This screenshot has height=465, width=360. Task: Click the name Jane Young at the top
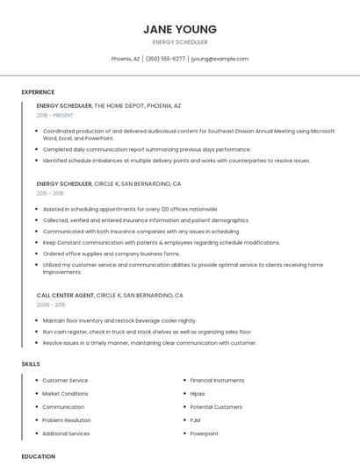[179, 29]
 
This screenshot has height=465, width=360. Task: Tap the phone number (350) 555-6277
[165, 59]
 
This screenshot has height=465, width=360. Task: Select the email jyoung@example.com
[220, 59]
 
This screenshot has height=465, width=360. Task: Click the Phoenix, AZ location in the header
[126, 59]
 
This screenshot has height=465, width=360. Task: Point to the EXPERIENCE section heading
[38, 92]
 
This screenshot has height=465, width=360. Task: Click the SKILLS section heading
[31, 363]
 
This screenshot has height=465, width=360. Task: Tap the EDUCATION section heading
[39, 456]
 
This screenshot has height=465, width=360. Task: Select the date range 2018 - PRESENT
[56, 115]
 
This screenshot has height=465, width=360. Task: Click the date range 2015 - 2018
[50, 193]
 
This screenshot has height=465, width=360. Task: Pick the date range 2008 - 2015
[51, 304]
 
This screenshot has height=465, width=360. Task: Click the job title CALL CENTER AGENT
[65, 296]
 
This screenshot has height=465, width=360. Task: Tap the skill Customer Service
[65, 380]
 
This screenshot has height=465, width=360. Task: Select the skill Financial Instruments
[217, 380]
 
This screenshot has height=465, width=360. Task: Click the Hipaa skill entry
[198, 394]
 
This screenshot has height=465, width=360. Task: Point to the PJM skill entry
[196, 420]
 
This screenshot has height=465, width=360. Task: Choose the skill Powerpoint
[205, 433]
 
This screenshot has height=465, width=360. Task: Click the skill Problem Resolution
[67, 420]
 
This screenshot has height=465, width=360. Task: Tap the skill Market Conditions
[65, 394]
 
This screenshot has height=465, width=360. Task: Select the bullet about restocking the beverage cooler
[119, 320]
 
